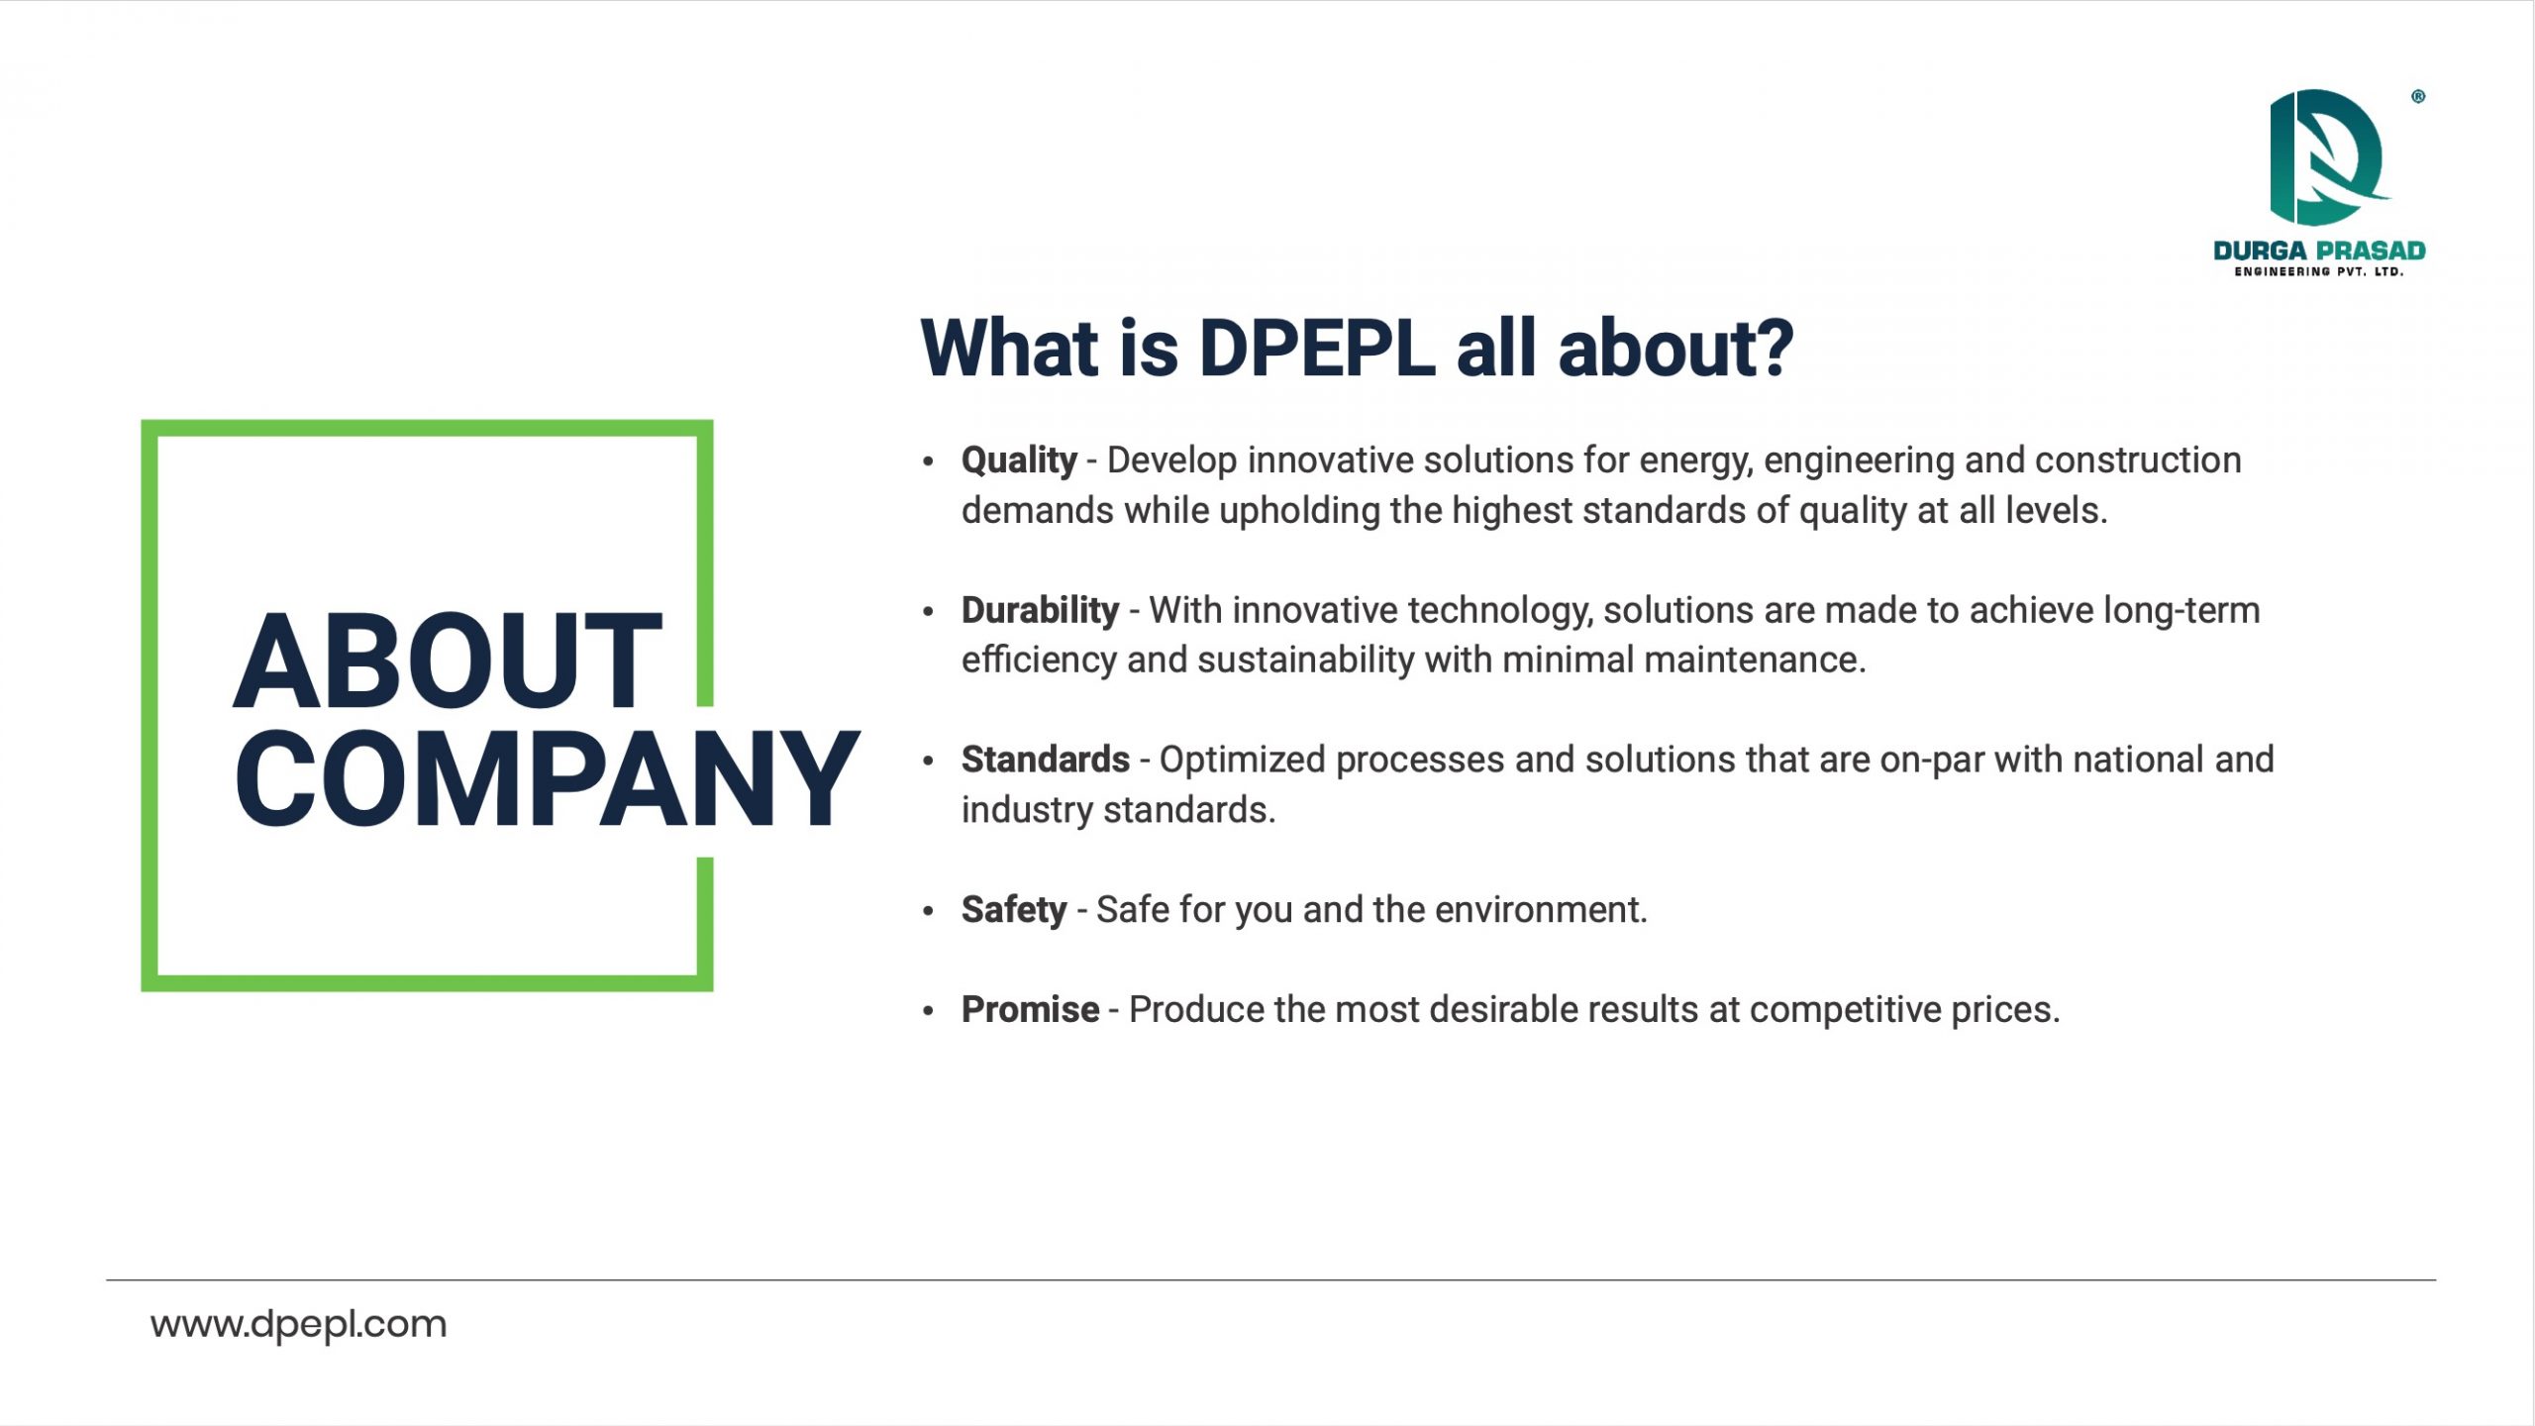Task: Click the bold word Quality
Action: (1019, 461)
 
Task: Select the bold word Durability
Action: (1040, 610)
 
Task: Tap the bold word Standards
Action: (1046, 760)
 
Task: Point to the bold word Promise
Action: (1030, 1010)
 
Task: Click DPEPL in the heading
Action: (1317, 349)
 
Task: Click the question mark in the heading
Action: (1772, 349)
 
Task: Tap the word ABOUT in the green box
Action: (448, 661)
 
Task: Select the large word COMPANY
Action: (547, 778)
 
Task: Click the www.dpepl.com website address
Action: (298, 1324)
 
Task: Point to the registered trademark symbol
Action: (2418, 97)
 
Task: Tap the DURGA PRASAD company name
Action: (2319, 251)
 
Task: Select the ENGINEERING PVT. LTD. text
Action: (2319, 272)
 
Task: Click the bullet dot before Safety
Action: (928, 910)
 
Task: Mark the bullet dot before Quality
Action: (928, 461)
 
